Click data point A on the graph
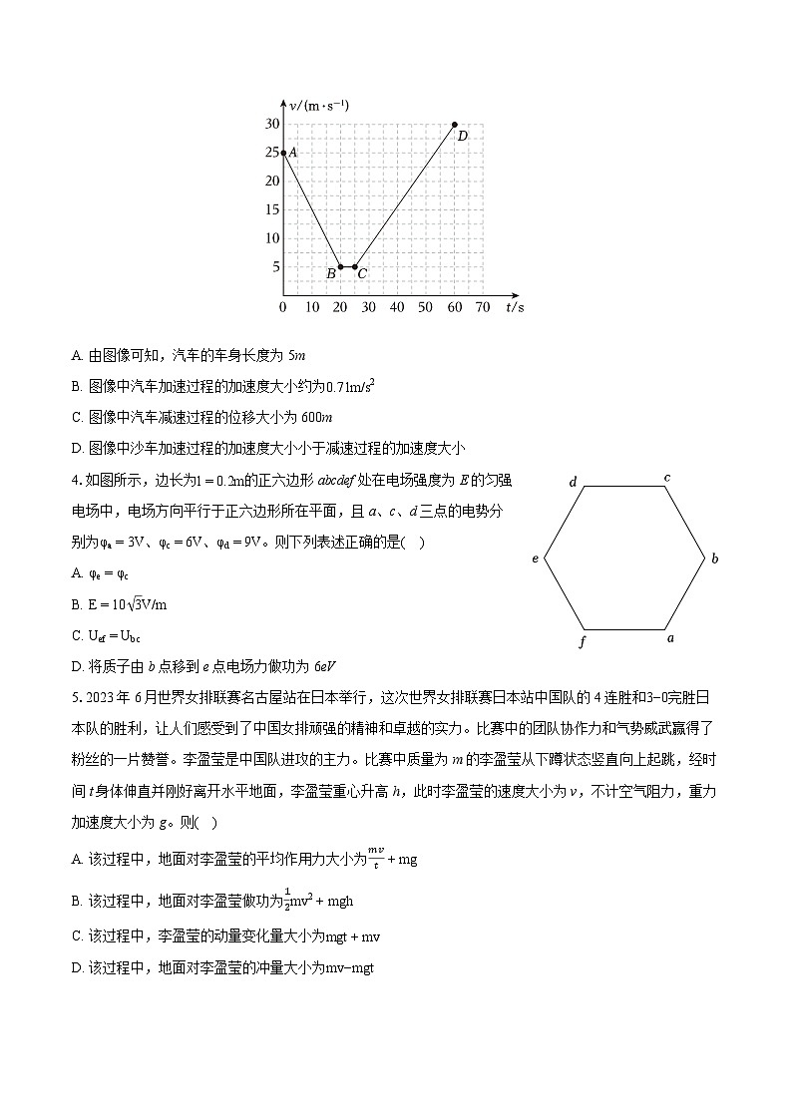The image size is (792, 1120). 283,153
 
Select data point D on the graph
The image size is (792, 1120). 455,125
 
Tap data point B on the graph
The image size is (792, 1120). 340,267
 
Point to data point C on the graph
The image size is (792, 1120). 355,267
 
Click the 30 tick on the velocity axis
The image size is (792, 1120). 271,124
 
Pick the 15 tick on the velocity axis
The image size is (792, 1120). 271,209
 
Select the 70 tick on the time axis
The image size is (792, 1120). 483,307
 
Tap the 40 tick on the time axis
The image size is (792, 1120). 397,307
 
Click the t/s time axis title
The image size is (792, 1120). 515,307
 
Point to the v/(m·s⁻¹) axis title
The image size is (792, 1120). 319,105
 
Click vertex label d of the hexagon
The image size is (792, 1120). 573,483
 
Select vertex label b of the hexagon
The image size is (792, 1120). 714,560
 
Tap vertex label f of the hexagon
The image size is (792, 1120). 583,642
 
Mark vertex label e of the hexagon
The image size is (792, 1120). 536,560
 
